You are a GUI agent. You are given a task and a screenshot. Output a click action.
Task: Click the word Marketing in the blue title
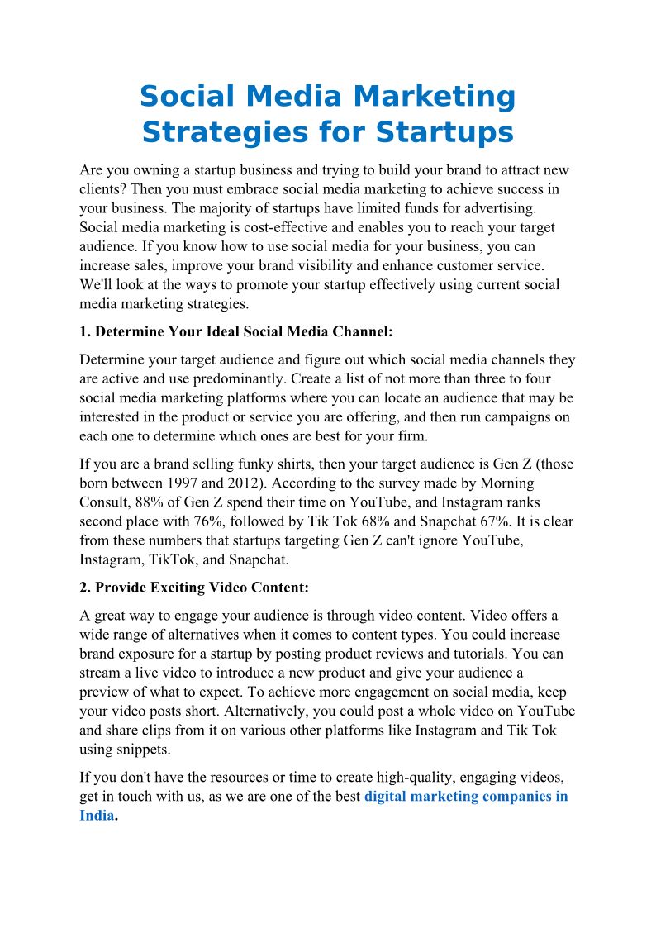pyautogui.click(x=435, y=97)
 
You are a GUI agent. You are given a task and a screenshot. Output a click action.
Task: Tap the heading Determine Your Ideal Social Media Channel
pyautogui.click(x=236, y=332)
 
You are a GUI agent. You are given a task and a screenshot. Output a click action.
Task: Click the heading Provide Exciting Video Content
pyautogui.click(x=202, y=588)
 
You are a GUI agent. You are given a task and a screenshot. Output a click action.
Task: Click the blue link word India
pyautogui.click(x=96, y=816)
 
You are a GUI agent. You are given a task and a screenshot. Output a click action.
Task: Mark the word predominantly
pyautogui.click(x=235, y=379)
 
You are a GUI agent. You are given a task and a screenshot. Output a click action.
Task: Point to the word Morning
pyautogui.click(x=504, y=483)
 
